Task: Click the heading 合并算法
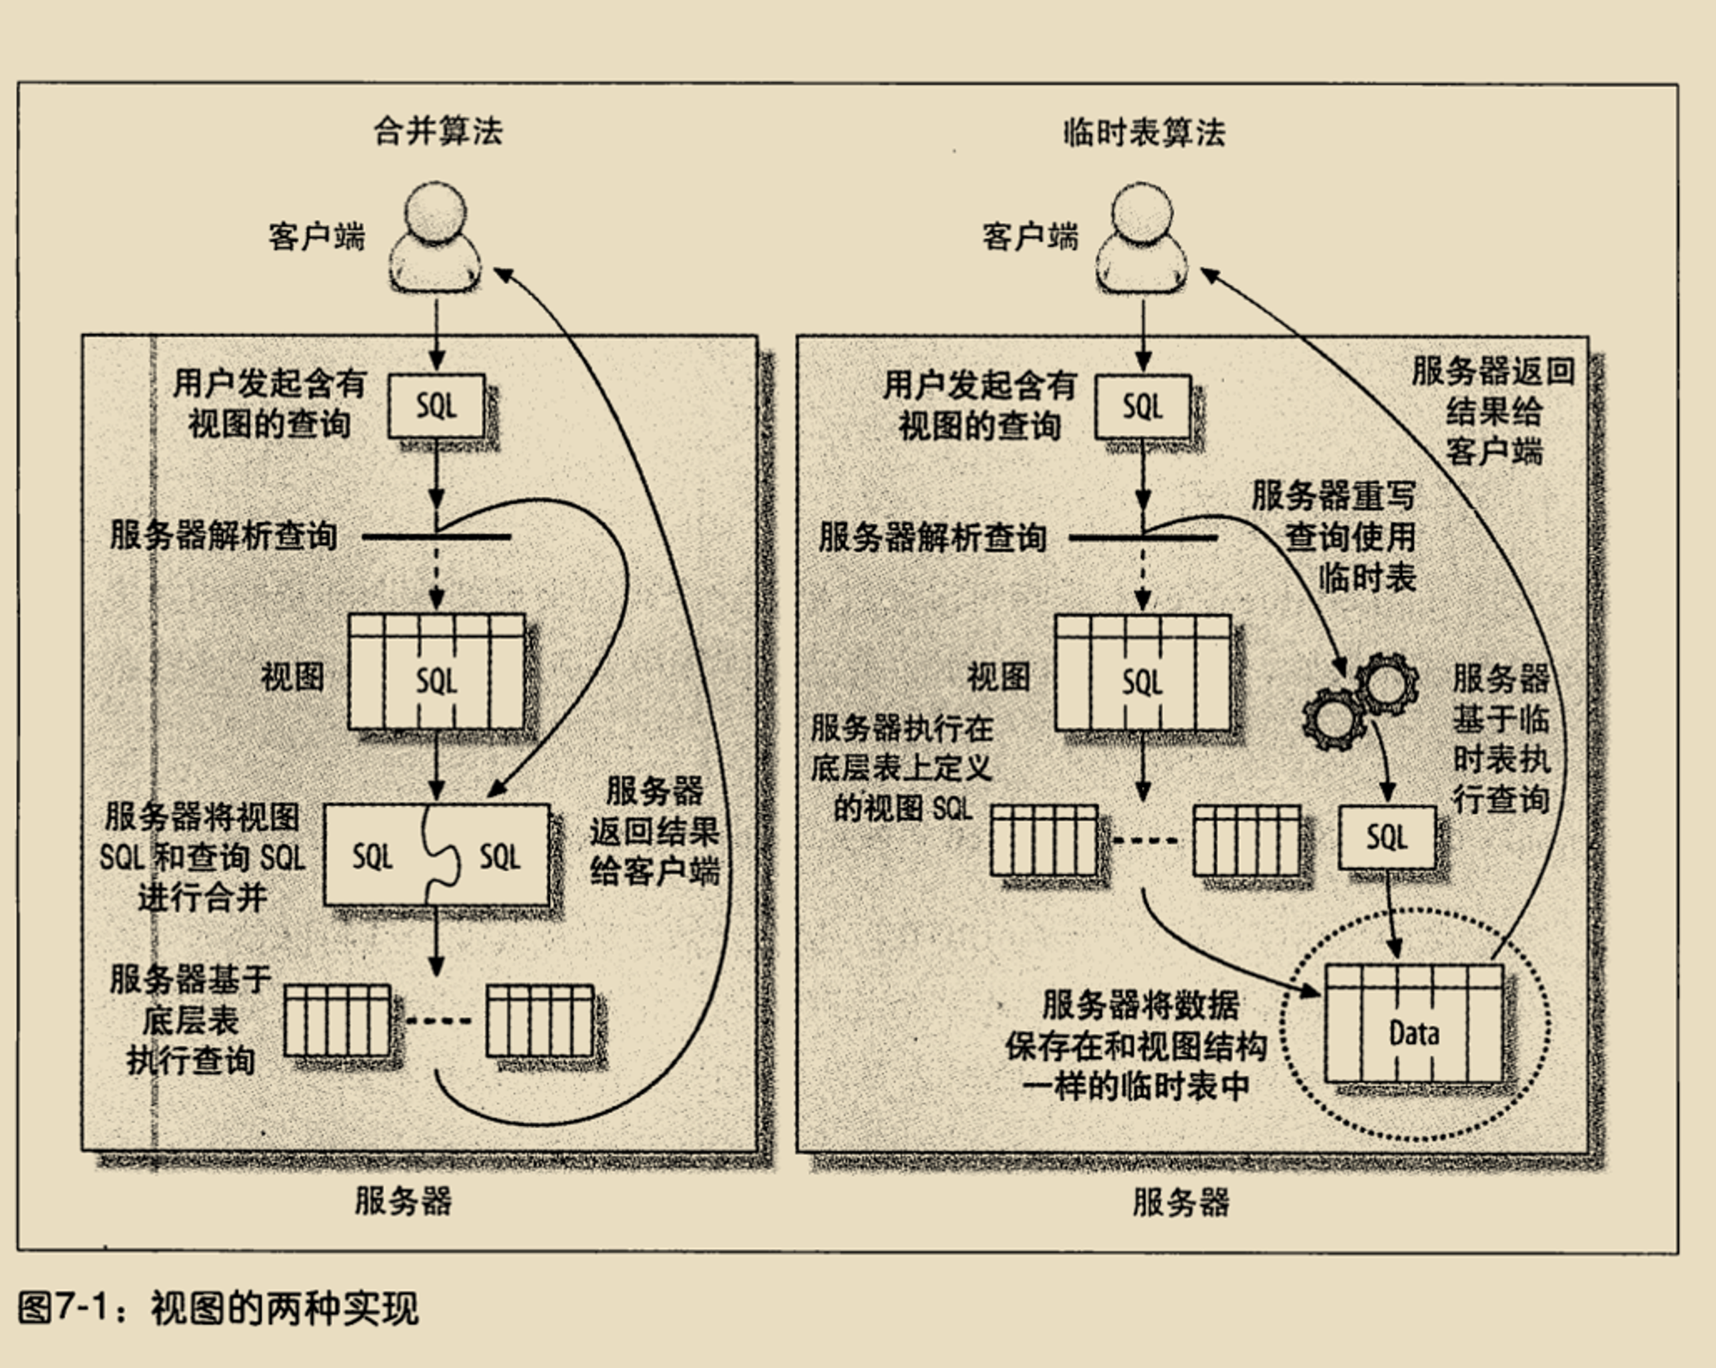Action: pyautogui.click(x=438, y=132)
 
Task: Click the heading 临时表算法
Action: pyautogui.click(x=1144, y=133)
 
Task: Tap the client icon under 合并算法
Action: pyautogui.click(x=435, y=238)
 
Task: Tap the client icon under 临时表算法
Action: pyautogui.click(x=1142, y=238)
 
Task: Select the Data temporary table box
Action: pyautogui.click(x=1413, y=1023)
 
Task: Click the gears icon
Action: pyautogui.click(x=1360, y=702)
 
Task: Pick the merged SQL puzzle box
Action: pyautogui.click(x=436, y=855)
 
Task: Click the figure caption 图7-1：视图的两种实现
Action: pyautogui.click(x=218, y=1308)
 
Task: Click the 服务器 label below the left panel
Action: pyautogui.click(x=403, y=1200)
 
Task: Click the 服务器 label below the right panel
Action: pyautogui.click(x=1181, y=1202)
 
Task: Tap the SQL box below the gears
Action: pyautogui.click(x=1387, y=837)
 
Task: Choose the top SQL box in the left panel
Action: pyautogui.click(x=437, y=406)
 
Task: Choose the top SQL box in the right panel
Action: pyautogui.click(x=1143, y=407)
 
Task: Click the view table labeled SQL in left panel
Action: pyautogui.click(x=436, y=672)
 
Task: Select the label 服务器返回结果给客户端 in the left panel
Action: pyautogui.click(x=655, y=831)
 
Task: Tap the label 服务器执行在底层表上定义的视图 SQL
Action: pyautogui.click(x=902, y=768)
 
